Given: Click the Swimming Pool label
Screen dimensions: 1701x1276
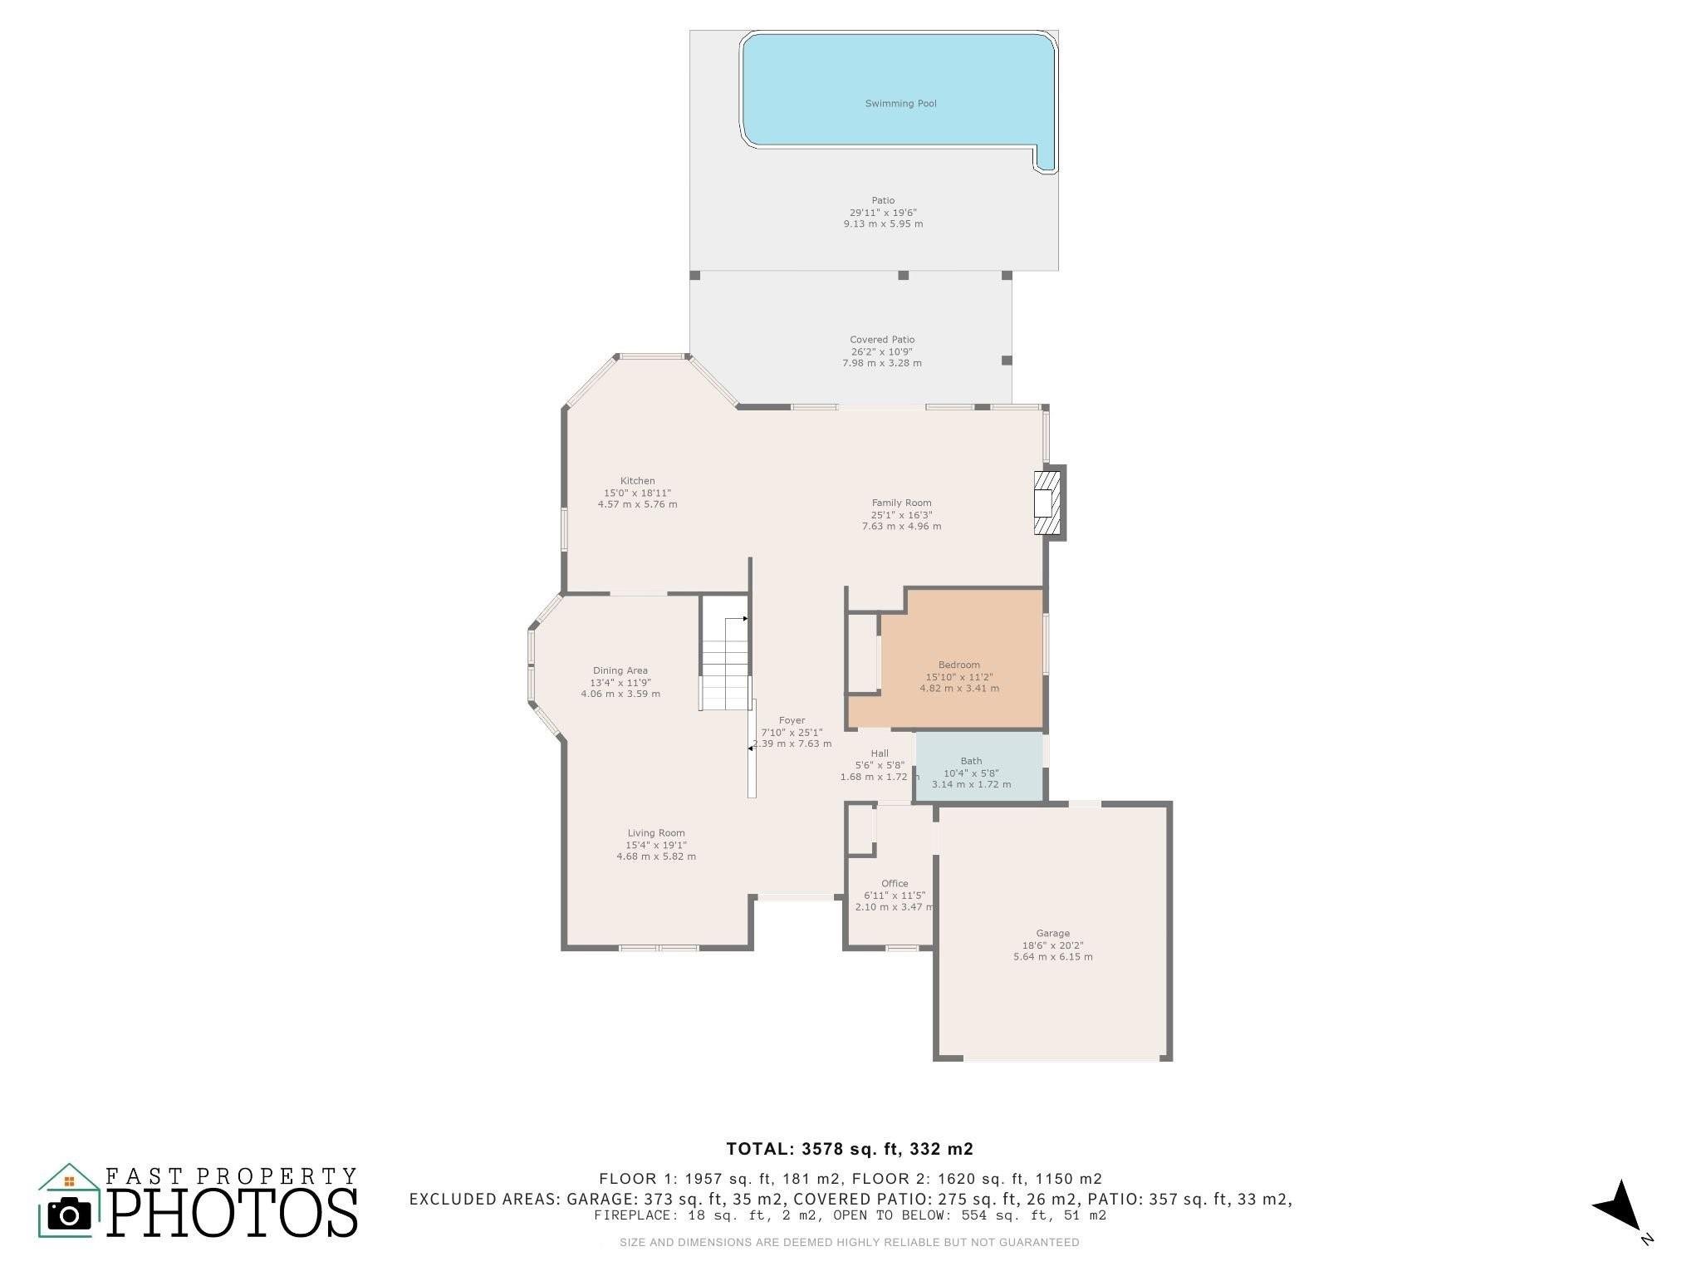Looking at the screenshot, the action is click(x=900, y=104).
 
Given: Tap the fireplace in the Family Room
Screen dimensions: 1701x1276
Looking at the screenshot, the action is click(x=1048, y=503).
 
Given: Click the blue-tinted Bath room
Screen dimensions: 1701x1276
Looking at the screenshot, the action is click(x=979, y=767).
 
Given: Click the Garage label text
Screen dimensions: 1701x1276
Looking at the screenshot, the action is click(x=1052, y=933).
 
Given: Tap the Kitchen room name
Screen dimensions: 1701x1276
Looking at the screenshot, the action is click(x=638, y=481).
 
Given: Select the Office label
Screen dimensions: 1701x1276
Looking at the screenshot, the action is click(x=895, y=883).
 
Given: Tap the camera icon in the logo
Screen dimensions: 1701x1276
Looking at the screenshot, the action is click(x=69, y=1214).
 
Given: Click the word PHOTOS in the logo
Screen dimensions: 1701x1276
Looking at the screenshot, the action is click(x=233, y=1212).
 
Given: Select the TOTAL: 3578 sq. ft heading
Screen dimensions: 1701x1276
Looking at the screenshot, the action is click(x=850, y=1149).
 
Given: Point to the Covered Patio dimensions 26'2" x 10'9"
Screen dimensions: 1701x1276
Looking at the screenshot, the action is click(x=882, y=351).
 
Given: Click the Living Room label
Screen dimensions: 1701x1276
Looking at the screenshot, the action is click(x=656, y=833).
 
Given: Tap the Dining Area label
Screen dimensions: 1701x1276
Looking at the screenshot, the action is click(x=620, y=670).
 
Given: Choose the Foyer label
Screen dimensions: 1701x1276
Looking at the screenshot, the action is click(x=792, y=720).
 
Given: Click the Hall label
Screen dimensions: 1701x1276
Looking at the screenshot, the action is click(x=880, y=753).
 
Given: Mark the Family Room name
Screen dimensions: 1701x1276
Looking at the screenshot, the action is click(x=901, y=503).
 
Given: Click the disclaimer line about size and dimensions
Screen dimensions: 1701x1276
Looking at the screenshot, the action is click(x=850, y=1243).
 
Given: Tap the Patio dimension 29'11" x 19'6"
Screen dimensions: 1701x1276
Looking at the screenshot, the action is click(x=883, y=213).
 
